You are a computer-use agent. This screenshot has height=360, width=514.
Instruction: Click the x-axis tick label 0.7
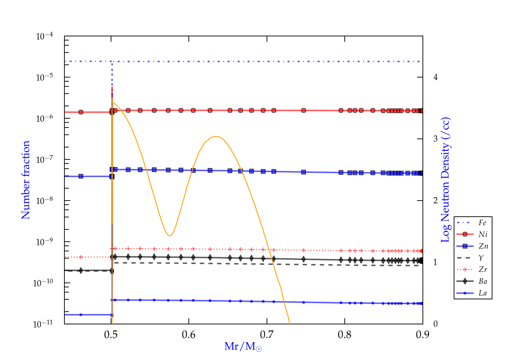tap(267, 335)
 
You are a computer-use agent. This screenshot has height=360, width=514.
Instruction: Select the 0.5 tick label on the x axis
tap(111, 335)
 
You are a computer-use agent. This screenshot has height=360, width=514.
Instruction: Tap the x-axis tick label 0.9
tap(423, 335)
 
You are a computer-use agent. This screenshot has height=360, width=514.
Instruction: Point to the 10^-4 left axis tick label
tap(45, 36)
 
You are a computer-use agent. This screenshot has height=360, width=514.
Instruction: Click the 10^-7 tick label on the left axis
tap(45, 159)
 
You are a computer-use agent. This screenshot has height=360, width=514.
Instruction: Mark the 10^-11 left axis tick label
tap(43, 324)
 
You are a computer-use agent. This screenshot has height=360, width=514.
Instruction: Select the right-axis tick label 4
tap(435, 77)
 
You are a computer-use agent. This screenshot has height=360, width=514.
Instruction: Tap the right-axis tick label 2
tap(435, 201)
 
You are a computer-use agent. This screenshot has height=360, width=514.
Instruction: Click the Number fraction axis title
tap(26, 180)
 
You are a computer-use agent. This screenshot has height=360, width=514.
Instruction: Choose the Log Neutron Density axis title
tap(445, 180)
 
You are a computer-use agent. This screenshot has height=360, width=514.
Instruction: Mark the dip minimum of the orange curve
tap(169, 236)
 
